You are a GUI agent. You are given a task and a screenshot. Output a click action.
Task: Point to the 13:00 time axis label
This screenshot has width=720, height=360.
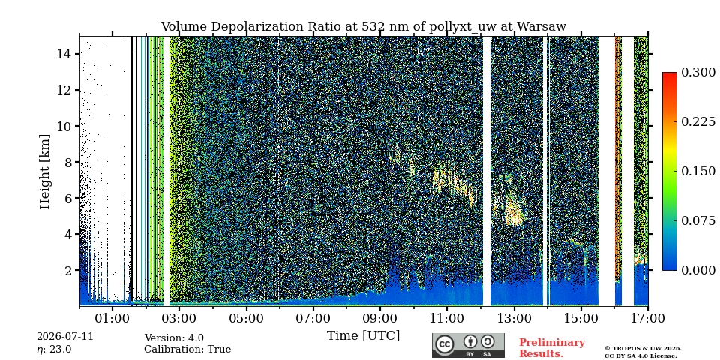coord(514,318)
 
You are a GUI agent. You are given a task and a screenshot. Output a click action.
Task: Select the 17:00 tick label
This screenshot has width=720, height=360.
coord(647,318)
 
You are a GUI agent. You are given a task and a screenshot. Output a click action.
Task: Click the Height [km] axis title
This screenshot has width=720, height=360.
coord(44,172)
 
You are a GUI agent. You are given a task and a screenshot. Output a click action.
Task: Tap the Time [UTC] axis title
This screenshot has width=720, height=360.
coord(363,336)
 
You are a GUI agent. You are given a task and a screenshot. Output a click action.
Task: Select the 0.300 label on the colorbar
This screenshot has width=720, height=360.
coord(698,72)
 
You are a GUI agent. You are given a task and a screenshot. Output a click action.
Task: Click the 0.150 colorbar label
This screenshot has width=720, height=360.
coord(698,171)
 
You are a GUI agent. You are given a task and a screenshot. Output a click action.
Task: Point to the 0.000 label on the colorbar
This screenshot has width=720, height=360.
coord(698,270)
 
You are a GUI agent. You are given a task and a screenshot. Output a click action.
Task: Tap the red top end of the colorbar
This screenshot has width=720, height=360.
coord(670,74)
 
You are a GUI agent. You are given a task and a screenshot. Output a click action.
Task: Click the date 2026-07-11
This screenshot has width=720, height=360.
coord(65,336)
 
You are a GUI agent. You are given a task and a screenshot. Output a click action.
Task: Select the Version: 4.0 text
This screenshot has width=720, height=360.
coord(174,338)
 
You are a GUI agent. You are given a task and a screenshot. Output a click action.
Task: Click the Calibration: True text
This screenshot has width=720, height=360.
coord(187,349)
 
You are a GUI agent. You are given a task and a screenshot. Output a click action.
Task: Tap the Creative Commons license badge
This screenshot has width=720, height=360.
coord(468,345)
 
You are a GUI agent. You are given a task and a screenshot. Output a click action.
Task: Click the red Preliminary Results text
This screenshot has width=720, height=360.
coord(552,347)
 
